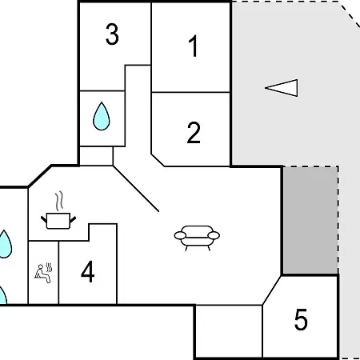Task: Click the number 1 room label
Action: (x=194, y=46)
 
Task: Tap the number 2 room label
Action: (x=194, y=133)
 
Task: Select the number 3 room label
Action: (x=112, y=34)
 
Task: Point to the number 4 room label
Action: (x=88, y=272)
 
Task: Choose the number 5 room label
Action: (x=301, y=319)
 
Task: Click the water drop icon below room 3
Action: (x=102, y=116)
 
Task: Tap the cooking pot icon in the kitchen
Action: (x=58, y=221)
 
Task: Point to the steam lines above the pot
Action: (x=59, y=201)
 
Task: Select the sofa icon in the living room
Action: (x=197, y=238)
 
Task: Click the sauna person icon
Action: (x=42, y=274)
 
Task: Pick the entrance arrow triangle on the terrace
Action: (x=282, y=88)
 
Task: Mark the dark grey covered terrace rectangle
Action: (x=310, y=220)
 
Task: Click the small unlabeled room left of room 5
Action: (x=229, y=331)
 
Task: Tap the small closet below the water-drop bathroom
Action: (x=96, y=156)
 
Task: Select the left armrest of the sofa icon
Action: (x=180, y=235)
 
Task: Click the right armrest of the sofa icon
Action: (x=214, y=235)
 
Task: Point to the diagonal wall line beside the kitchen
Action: (x=136, y=189)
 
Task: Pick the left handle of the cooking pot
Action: (x=44, y=220)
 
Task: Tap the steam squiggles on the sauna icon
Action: (x=49, y=267)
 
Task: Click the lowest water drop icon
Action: (x=2, y=295)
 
